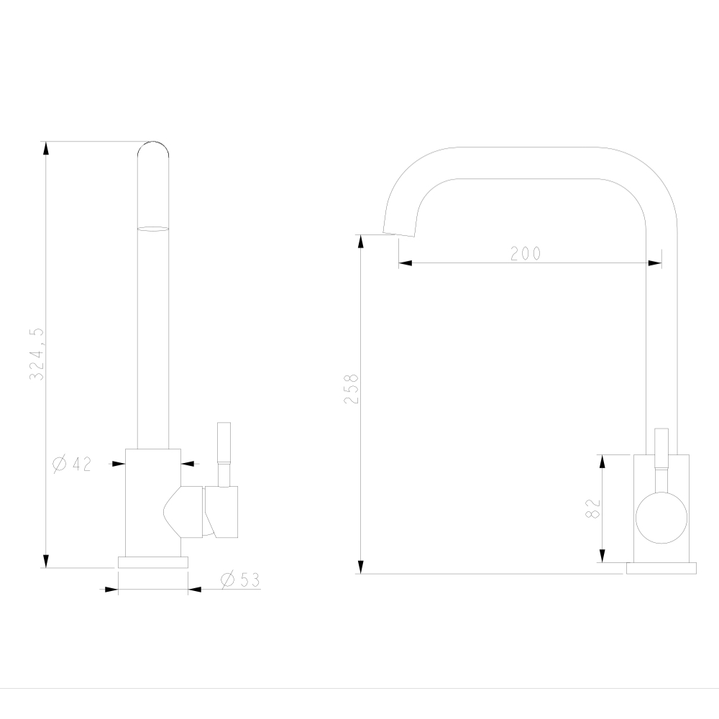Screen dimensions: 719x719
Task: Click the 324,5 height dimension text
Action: (x=37, y=354)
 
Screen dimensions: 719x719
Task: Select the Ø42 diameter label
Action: (x=72, y=464)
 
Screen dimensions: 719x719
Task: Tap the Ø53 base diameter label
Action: (x=240, y=580)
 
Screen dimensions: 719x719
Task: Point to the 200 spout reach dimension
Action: (x=526, y=253)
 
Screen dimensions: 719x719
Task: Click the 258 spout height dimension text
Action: (x=351, y=389)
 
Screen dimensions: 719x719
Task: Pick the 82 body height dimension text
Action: (x=592, y=508)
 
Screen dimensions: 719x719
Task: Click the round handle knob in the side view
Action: (x=661, y=518)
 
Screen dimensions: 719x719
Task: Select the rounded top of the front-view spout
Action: (x=153, y=149)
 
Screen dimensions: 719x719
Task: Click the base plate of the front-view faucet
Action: (x=153, y=562)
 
